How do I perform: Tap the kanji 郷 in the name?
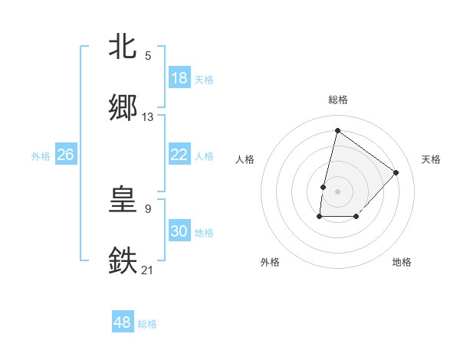click(123, 108)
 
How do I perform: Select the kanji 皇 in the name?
click(123, 201)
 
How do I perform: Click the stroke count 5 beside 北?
click(148, 56)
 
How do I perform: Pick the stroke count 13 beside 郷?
click(148, 117)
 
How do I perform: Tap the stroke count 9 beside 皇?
click(148, 208)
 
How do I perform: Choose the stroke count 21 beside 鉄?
click(148, 269)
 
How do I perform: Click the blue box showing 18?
click(179, 78)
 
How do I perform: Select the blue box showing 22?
click(179, 155)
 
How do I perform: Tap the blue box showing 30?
click(179, 231)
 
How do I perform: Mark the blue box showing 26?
click(65, 155)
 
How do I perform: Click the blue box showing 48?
click(122, 322)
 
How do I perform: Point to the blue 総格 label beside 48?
click(147, 324)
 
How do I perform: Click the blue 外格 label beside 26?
click(41, 156)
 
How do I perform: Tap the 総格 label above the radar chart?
click(337, 100)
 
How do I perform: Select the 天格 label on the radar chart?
click(431, 159)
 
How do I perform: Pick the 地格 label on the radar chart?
click(402, 262)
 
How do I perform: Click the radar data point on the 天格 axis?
click(396, 172)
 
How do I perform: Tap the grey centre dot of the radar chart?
click(337, 191)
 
